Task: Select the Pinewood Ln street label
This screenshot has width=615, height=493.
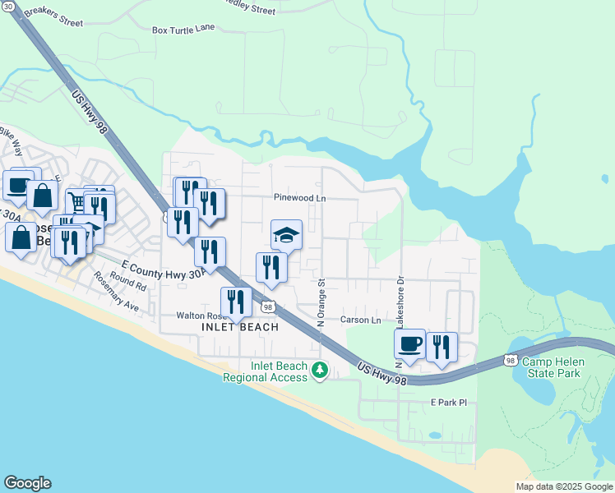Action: pyautogui.click(x=300, y=198)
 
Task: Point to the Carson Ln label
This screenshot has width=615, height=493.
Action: pyautogui.click(x=361, y=320)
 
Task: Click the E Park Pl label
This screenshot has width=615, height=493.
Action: pyautogui.click(x=449, y=403)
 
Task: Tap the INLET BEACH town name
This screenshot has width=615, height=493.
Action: pyautogui.click(x=240, y=327)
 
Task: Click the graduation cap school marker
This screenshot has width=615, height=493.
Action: pyautogui.click(x=287, y=235)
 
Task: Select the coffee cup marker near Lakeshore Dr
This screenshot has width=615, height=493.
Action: pyautogui.click(x=409, y=343)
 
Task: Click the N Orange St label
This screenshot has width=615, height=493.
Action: pyautogui.click(x=321, y=299)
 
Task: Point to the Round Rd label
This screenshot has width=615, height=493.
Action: pyautogui.click(x=129, y=283)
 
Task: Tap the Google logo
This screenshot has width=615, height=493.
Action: pyautogui.click(x=27, y=483)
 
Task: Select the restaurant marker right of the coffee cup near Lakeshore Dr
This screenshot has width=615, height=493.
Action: pyautogui.click(x=442, y=348)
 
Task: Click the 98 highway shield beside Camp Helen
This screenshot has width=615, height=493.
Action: pyautogui.click(x=511, y=360)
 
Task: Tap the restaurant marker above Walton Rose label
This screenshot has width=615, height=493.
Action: pyautogui.click(x=236, y=302)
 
